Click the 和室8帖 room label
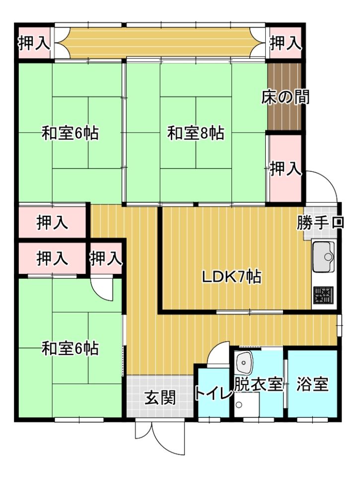point(196,133)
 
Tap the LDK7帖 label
point(231,277)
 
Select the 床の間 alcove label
point(285,97)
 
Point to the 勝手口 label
point(320,223)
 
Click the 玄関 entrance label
point(160,397)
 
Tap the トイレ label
point(214,393)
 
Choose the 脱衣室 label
point(258,384)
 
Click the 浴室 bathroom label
point(312,384)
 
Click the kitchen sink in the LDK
point(324,256)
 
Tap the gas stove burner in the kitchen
point(324,295)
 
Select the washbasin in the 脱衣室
point(244,362)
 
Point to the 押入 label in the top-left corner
point(34,43)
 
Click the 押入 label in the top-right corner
point(286,43)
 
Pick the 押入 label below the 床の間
point(286,169)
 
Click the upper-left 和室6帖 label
point(70,133)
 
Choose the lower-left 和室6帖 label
point(70,348)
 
